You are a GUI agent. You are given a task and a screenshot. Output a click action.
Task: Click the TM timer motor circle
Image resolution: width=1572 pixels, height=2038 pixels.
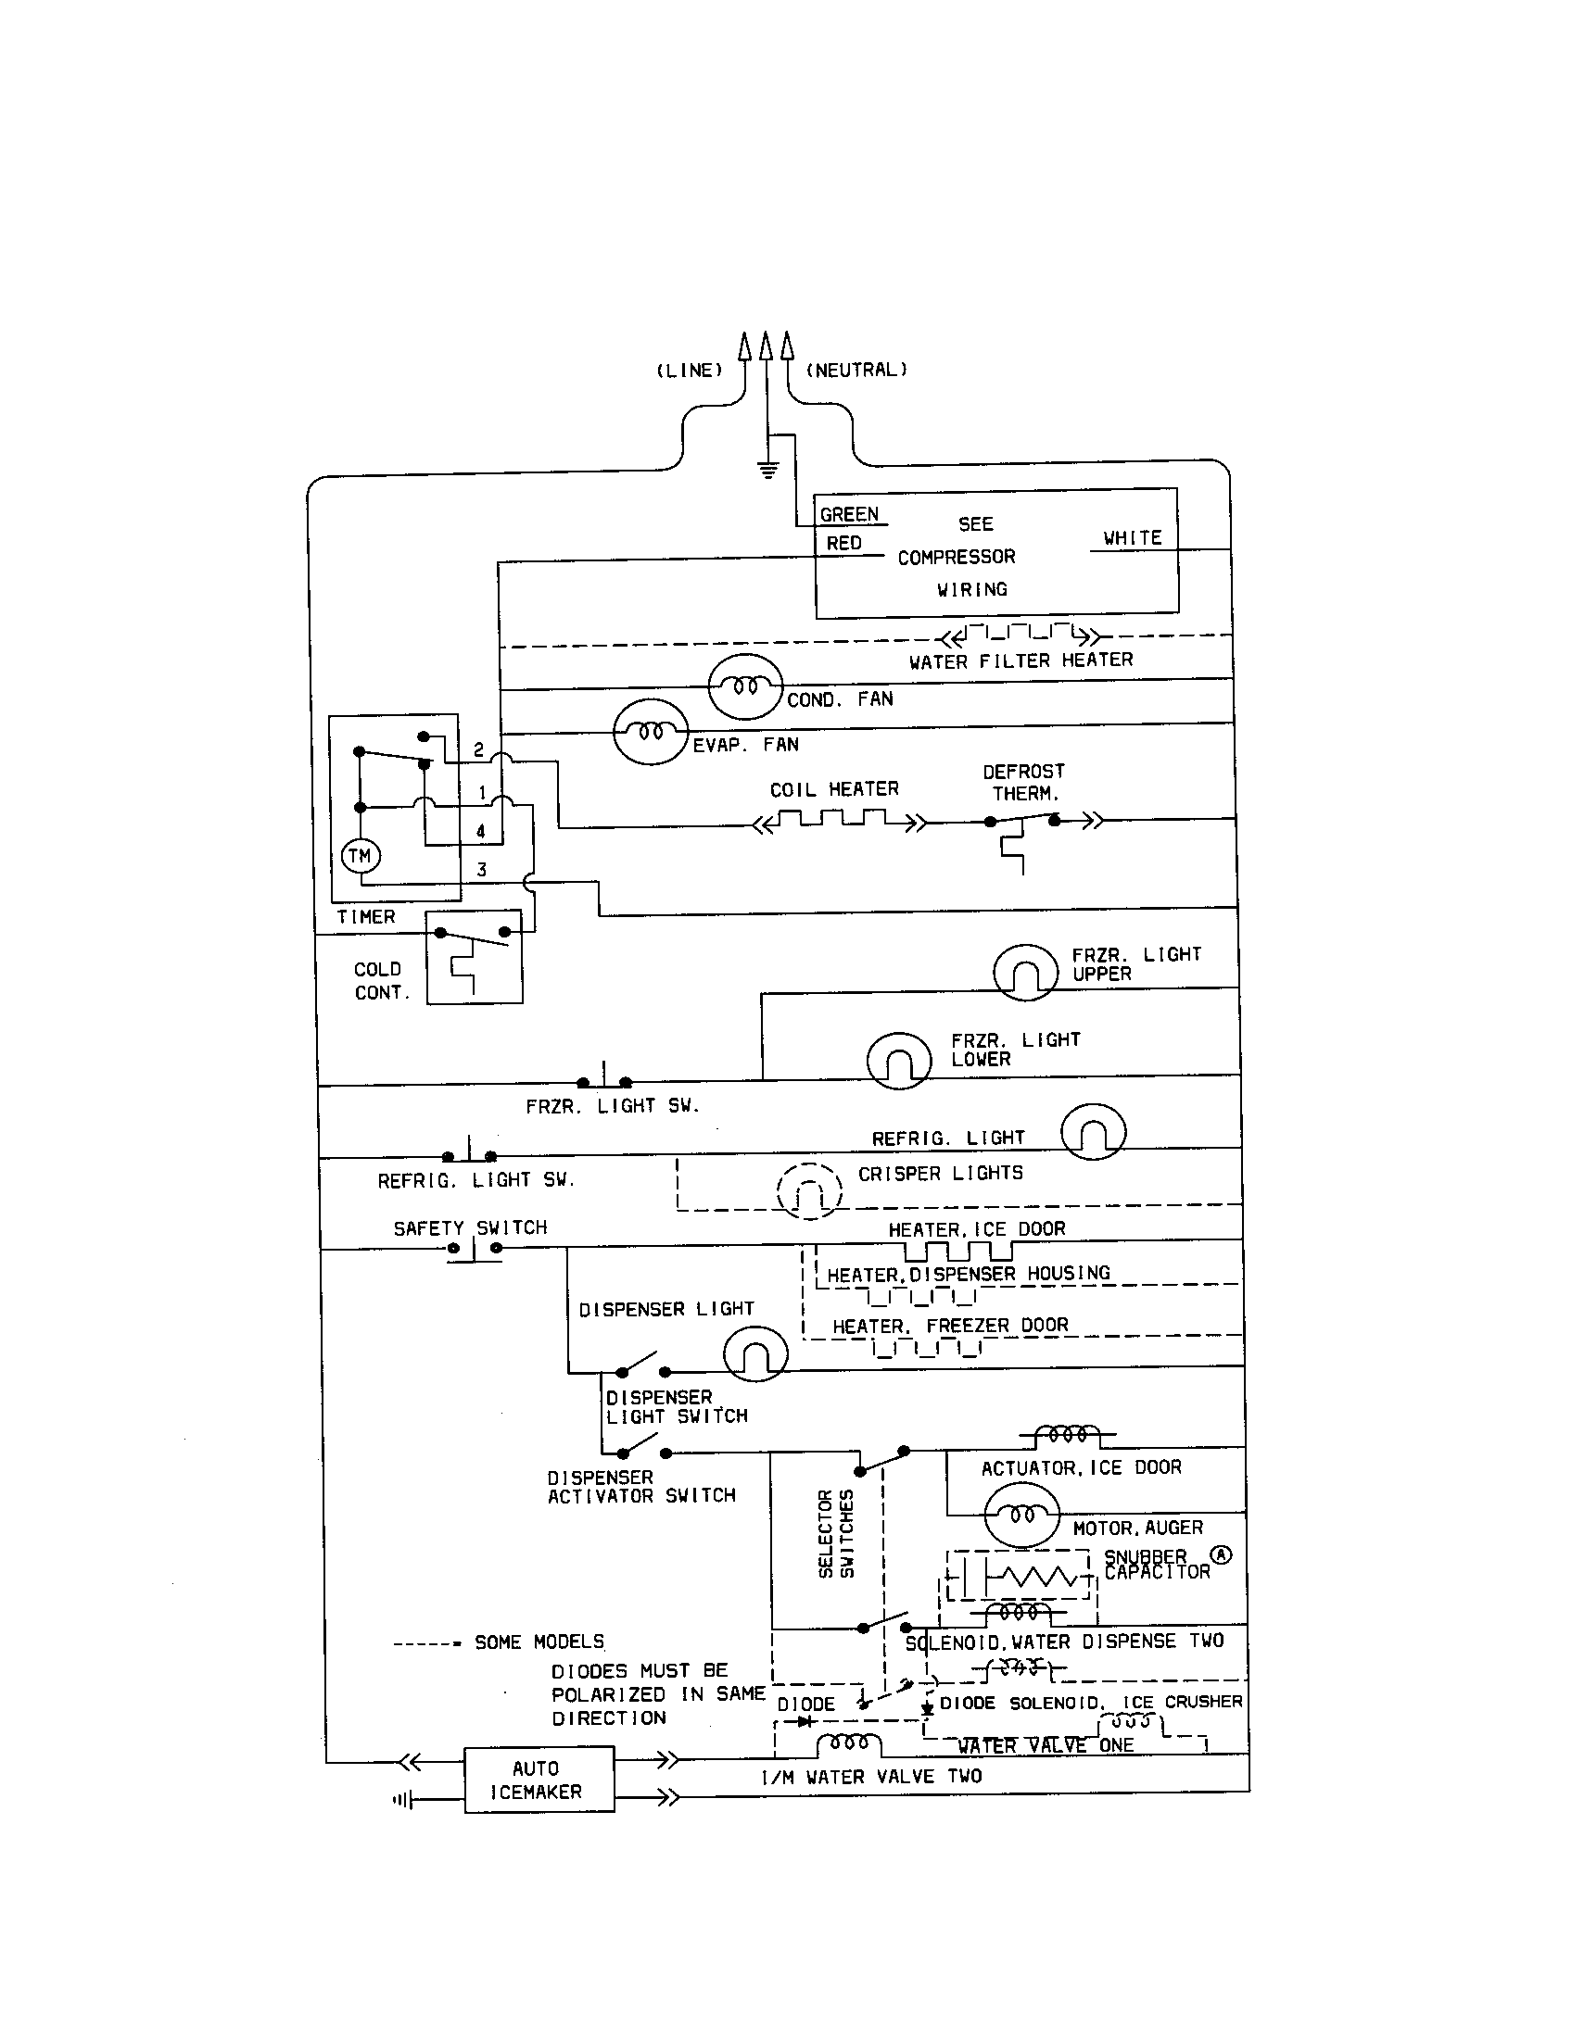coord(360,856)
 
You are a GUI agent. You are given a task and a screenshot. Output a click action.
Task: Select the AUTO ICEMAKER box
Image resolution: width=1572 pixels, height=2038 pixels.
coord(539,1780)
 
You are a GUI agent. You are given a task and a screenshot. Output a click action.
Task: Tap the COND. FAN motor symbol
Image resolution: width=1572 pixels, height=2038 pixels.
coord(745,686)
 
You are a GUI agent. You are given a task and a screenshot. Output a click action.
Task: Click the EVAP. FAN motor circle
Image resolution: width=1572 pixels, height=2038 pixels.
coord(651,732)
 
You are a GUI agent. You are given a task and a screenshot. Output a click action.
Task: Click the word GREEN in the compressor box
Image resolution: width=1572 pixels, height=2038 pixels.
coord(848,514)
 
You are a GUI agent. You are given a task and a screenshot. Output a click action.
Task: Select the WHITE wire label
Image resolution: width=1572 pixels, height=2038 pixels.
coord(1132,537)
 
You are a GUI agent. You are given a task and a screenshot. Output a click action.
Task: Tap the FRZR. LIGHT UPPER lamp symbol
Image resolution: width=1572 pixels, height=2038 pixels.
coord(1025,972)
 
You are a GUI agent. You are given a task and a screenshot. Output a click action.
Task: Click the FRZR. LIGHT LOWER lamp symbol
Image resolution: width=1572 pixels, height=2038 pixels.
coord(899,1060)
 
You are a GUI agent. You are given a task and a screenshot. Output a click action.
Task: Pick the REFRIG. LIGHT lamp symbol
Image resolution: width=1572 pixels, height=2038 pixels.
coord(1093,1131)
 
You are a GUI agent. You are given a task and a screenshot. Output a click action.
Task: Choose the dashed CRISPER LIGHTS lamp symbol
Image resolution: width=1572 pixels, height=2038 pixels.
coord(809,1191)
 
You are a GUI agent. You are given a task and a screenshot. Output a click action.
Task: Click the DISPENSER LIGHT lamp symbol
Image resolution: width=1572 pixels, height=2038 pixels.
coord(755,1355)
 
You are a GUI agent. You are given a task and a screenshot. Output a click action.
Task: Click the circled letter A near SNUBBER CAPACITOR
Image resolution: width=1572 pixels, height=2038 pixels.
coord(1221,1554)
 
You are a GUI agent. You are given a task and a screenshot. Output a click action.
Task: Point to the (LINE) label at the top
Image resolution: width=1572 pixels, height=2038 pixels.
coord(689,371)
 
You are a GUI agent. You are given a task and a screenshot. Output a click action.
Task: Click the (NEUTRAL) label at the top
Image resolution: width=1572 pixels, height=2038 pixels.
coord(856,370)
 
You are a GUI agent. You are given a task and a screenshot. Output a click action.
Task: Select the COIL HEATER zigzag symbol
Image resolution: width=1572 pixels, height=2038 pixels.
coord(838,821)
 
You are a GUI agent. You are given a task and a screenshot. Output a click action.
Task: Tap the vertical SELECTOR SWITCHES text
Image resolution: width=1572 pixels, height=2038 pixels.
coord(835,1533)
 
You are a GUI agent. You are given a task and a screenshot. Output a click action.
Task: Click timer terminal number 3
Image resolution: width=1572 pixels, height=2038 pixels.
coord(482,869)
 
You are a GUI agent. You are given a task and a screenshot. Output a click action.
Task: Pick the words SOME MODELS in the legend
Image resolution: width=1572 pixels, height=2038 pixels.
coord(539,1642)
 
